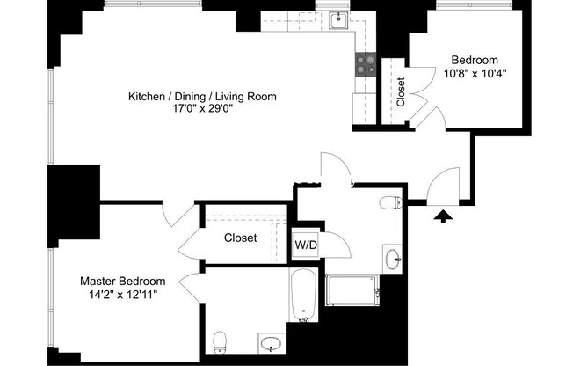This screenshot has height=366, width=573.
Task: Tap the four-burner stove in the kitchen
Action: [365, 63]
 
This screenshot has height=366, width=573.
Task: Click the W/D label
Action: [305, 244]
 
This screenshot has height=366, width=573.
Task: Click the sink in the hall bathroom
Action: [393, 259]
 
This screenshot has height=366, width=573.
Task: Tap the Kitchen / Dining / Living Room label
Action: [195, 96]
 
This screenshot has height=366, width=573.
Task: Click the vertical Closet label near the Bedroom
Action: [402, 92]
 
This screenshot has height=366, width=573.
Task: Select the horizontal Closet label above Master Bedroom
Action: [240, 238]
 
